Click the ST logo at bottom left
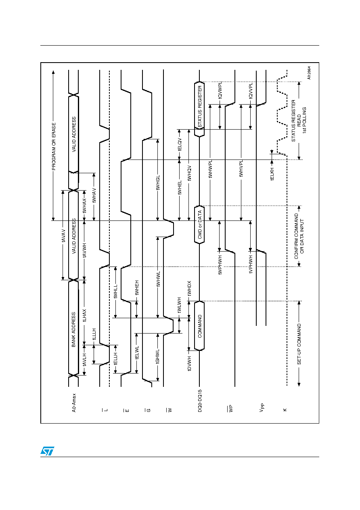[x=47, y=451]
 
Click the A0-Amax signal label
[x=74, y=403]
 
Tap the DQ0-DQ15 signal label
[x=200, y=401]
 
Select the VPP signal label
[x=262, y=407]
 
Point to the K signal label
[x=285, y=410]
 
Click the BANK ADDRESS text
[x=73, y=330]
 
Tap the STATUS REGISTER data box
[x=199, y=109]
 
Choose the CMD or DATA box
[x=199, y=225]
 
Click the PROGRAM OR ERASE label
[x=54, y=147]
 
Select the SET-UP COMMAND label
[x=299, y=344]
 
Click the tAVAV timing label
[x=63, y=236]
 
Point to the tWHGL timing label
[x=158, y=183]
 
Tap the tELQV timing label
[x=180, y=144]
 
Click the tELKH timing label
[x=272, y=174]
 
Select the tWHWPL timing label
[x=210, y=169]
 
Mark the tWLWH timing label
[x=179, y=305]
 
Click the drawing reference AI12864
[x=309, y=73]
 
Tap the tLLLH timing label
[x=94, y=334]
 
